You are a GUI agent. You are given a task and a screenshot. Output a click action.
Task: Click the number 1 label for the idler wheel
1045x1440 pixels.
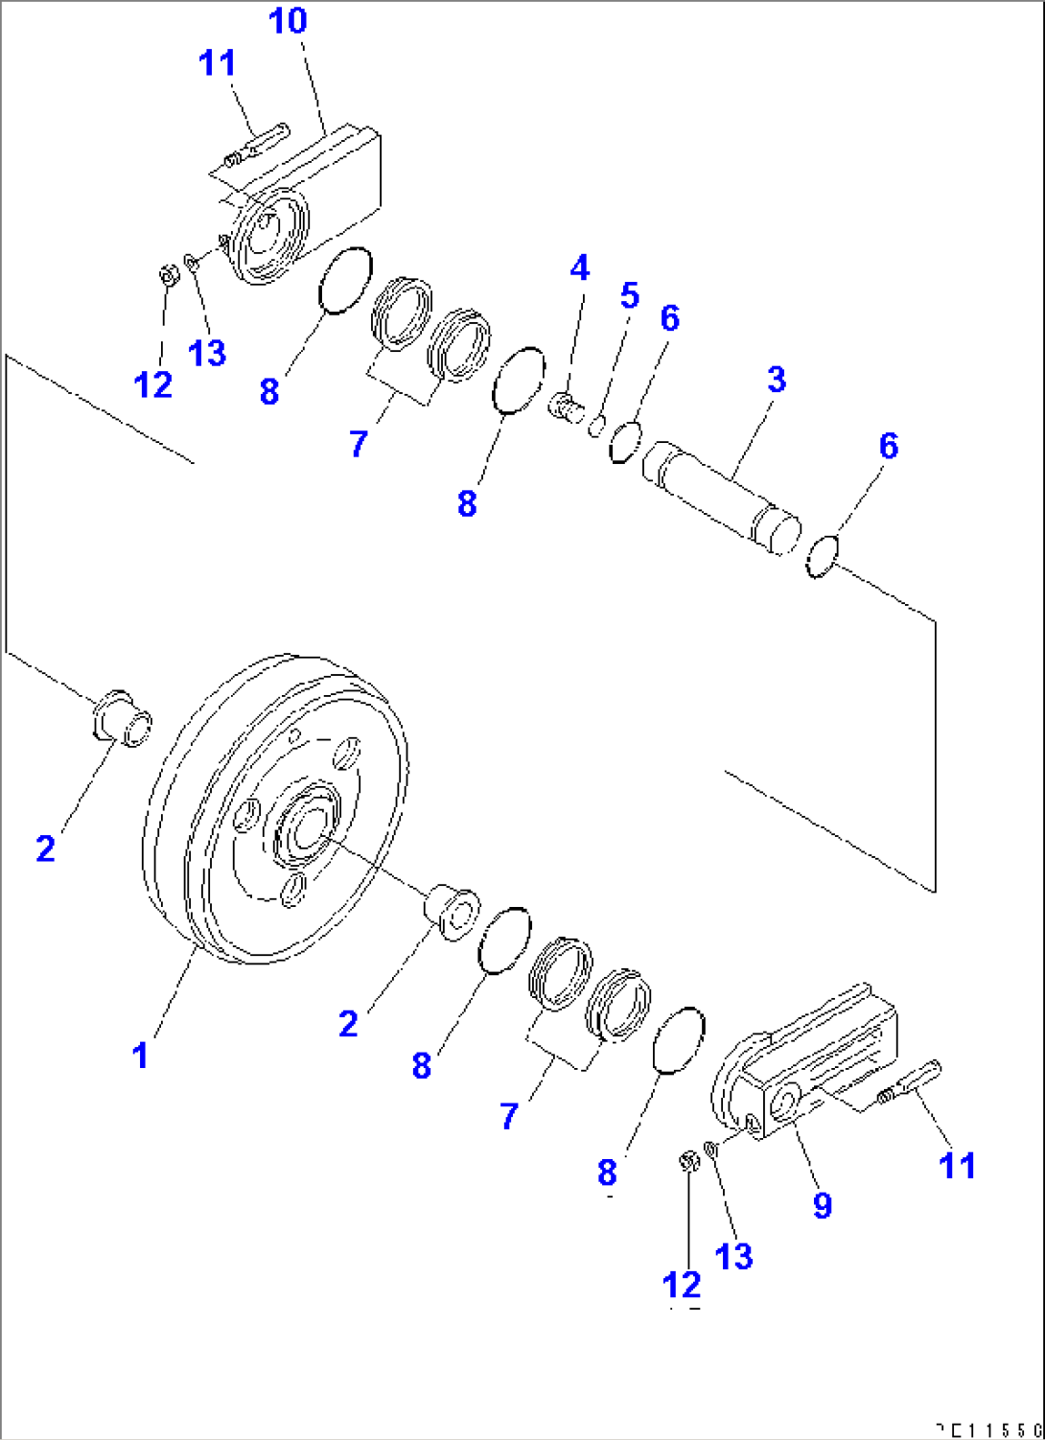pyautogui.click(x=140, y=1055)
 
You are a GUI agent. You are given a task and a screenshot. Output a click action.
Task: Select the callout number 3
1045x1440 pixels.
pyautogui.click(x=776, y=379)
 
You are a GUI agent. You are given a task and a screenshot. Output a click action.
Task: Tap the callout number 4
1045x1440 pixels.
pyautogui.click(x=579, y=268)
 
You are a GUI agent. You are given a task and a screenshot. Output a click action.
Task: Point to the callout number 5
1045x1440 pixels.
pyautogui.click(x=629, y=295)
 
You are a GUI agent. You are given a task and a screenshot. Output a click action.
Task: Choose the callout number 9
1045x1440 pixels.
pyautogui.click(x=822, y=1204)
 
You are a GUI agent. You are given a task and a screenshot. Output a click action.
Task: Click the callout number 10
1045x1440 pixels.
pyautogui.click(x=288, y=20)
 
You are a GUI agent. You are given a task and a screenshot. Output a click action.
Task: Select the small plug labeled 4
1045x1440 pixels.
pyautogui.click(x=566, y=407)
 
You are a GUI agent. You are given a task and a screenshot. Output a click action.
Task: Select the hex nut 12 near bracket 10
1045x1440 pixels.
pyautogui.click(x=168, y=275)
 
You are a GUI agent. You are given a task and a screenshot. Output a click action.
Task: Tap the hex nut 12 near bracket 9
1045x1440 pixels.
pyautogui.click(x=687, y=1162)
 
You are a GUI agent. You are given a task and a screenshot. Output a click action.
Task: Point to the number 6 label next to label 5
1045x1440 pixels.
pyautogui.click(x=669, y=318)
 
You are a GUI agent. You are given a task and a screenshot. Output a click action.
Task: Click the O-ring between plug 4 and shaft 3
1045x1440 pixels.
pyautogui.click(x=624, y=441)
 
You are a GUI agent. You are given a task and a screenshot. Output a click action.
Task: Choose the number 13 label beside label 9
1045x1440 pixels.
pyautogui.click(x=733, y=1255)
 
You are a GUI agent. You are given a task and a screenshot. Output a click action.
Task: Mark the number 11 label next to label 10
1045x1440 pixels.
pyautogui.click(x=217, y=63)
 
